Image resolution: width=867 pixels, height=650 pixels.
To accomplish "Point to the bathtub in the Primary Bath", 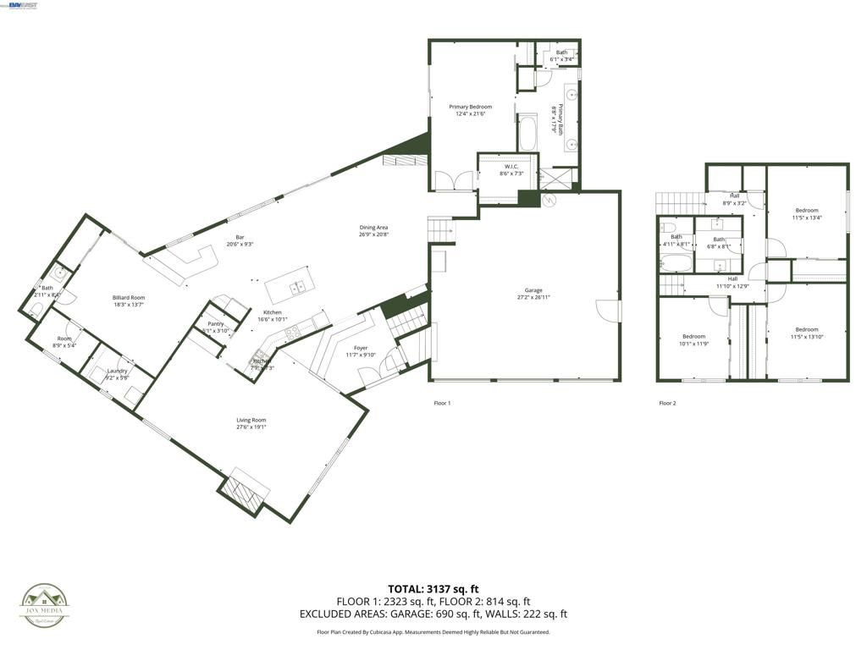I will (x=527, y=133).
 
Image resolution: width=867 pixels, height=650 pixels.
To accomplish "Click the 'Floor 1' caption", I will (x=442, y=404).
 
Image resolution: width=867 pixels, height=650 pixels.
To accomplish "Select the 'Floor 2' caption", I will (x=667, y=404).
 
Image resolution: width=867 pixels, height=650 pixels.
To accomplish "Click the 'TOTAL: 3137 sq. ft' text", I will (x=433, y=588).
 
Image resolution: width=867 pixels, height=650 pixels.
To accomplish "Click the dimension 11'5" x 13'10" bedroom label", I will (x=806, y=333).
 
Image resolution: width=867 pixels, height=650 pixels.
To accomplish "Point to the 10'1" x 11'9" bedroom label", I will (x=693, y=340).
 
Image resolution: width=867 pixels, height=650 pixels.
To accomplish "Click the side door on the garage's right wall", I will (x=608, y=310).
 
